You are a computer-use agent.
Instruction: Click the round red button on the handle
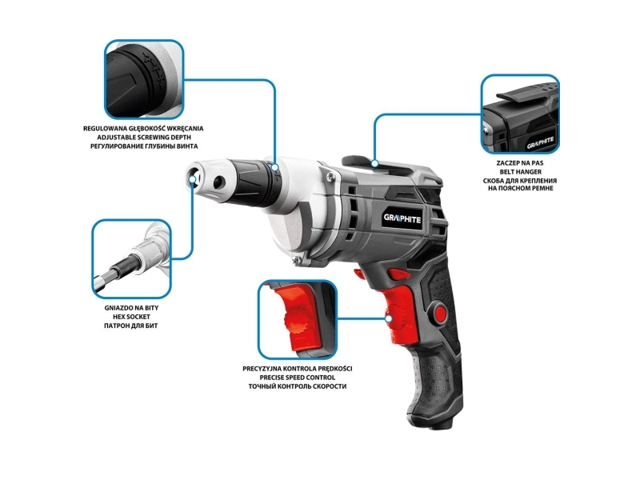tap(441, 310)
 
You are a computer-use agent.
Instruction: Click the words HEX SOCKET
tap(131, 317)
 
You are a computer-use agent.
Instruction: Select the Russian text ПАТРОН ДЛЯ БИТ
tap(131, 326)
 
